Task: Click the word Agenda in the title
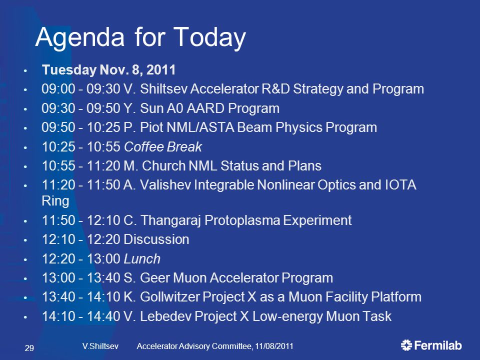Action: [80, 38]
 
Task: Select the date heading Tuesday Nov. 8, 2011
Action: [108, 70]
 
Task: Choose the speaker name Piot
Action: [151, 127]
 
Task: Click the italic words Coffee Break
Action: [163, 147]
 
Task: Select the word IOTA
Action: [400, 185]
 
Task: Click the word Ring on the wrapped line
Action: [55, 201]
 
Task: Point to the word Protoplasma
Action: [242, 220]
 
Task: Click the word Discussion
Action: [156, 239]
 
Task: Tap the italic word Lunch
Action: [142, 259]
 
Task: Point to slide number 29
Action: [29, 348]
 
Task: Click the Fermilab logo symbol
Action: [406, 345]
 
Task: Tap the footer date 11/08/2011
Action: [274, 346]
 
